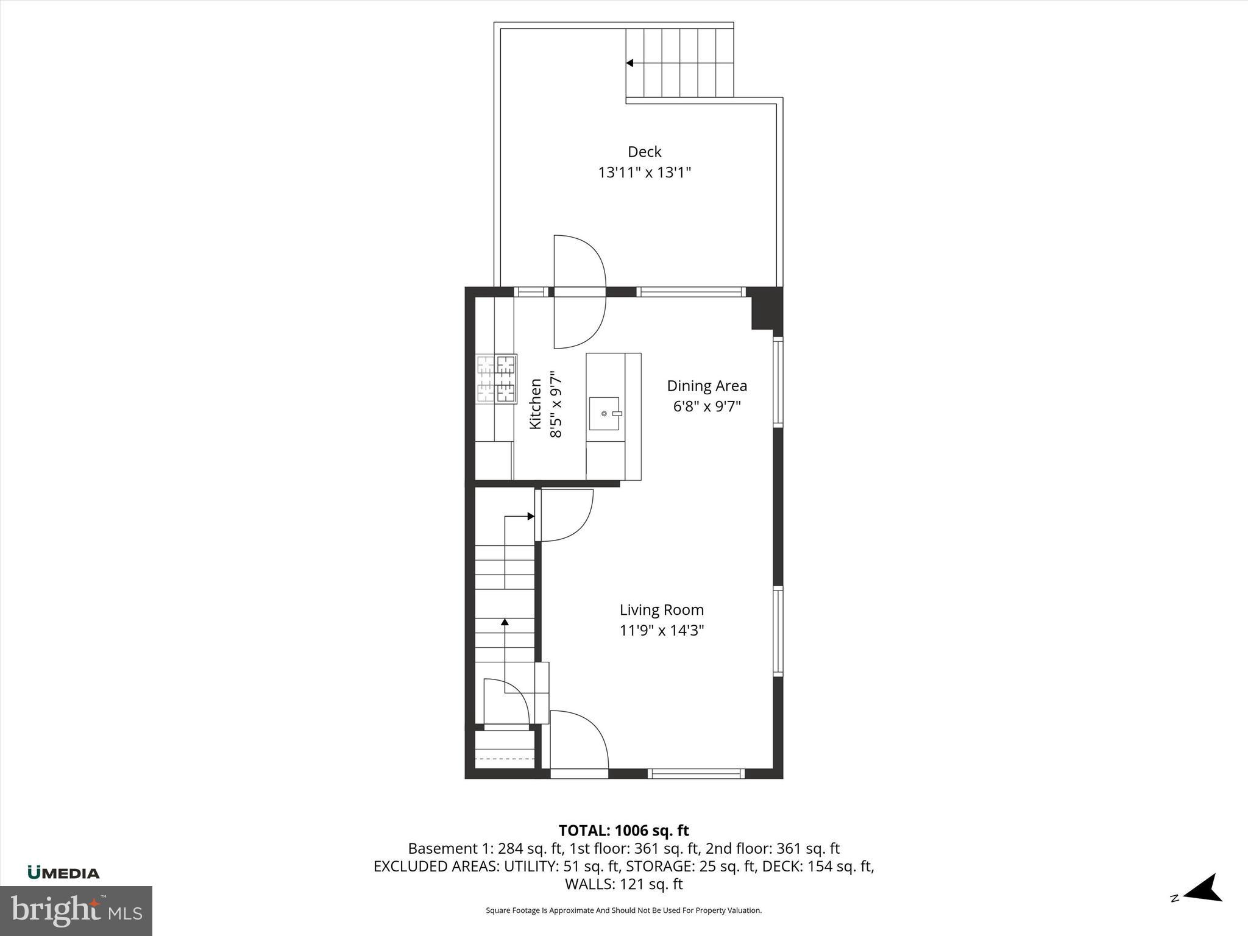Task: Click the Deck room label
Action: pos(644,152)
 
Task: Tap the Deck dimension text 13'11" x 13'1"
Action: pos(644,172)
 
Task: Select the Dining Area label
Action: pos(706,386)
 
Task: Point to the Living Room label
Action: pos(661,610)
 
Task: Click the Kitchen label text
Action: pos(535,404)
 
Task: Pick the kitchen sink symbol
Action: pos(604,414)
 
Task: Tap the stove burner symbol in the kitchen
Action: pos(496,379)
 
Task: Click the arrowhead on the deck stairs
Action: pos(630,63)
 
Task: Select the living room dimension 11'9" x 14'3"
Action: pos(661,631)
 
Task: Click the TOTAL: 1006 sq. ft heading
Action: pos(623,831)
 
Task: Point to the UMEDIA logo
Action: pos(63,873)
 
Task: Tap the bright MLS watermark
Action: pos(76,910)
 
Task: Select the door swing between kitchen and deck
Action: pos(579,292)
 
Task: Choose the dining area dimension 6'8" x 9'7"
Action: pos(706,406)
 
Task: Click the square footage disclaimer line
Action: pos(623,910)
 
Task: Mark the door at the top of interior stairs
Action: pos(564,516)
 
